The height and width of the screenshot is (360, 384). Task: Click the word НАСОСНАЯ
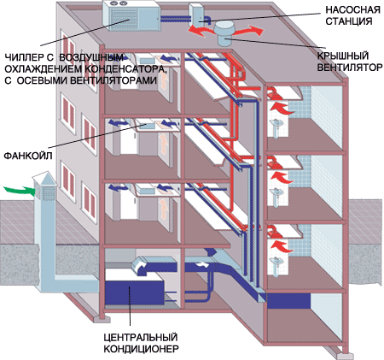tap(352, 10)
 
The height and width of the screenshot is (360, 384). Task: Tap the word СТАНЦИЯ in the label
tap(349, 21)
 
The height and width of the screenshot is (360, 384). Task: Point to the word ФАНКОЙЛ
tap(28, 156)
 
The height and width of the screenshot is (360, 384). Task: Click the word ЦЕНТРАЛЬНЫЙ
tap(141, 337)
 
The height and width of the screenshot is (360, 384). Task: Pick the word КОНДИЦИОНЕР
tap(141, 349)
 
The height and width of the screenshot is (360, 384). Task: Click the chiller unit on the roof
tap(131, 15)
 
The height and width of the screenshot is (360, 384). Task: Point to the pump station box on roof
tap(199, 15)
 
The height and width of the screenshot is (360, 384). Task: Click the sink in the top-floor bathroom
tap(276, 127)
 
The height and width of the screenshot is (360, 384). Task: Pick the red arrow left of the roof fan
tap(201, 31)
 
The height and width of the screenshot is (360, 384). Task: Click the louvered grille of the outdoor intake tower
tap(45, 192)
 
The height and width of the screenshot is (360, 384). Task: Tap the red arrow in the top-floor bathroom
tap(282, 109)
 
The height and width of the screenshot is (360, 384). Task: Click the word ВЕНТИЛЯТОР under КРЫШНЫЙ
tap(350, 68)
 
